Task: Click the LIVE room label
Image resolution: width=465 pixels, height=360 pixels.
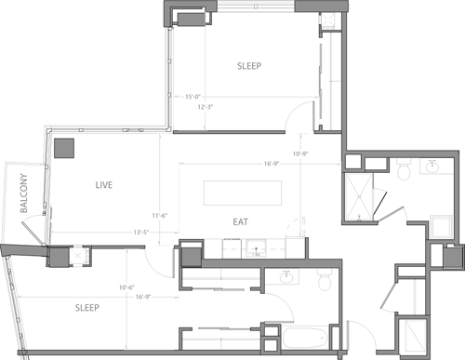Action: click(x=103, y=185)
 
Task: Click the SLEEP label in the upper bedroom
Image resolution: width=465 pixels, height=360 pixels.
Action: click(x=248, y=66)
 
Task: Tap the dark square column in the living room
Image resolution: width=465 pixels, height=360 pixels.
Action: click(x=64, y=149)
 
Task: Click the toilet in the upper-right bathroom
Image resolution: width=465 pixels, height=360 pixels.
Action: click(x=402, y=172)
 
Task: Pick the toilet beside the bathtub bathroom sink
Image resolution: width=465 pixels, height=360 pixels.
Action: click(x=324, y=280)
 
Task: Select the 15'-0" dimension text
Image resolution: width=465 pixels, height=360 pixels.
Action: click(x=194, y=96)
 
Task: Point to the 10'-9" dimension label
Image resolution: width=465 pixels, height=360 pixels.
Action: click(x=299, y=153)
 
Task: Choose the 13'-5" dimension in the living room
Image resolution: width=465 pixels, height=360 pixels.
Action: click(x=142, y=232)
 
